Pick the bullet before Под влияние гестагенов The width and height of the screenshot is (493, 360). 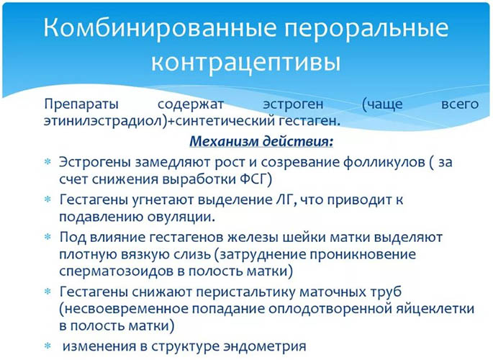[48, 236]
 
